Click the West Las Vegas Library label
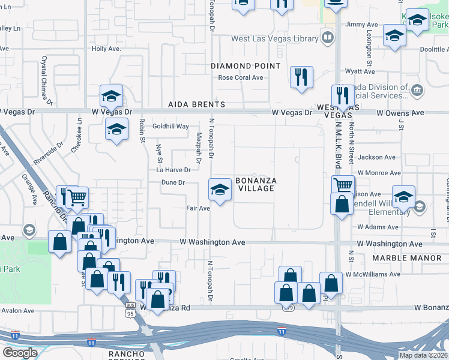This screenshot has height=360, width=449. (x=275, y=39)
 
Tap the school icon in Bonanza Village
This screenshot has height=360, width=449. (x=220, y=190)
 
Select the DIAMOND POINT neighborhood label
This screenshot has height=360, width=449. (x=246, y=66)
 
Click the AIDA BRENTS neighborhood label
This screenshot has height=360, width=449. (x=196, y=104)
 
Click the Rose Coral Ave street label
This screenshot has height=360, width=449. (x=241, y=77)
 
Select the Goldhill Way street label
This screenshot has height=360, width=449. (x=170, y=127)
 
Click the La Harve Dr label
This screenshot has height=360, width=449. (x=173, y=170)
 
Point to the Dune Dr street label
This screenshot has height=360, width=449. (x=173, y=182)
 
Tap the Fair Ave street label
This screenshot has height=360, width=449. (x=198, y=208)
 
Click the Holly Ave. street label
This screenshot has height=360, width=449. (x=106, y=49)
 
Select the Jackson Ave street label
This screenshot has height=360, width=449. (x=376, y=157)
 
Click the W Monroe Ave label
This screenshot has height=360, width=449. (x=378, y=173)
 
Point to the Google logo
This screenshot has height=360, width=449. (x=20, y=353)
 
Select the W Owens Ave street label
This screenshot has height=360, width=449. (x=400, y=113)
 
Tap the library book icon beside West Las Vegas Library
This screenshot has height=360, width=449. (x=327, y=38)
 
